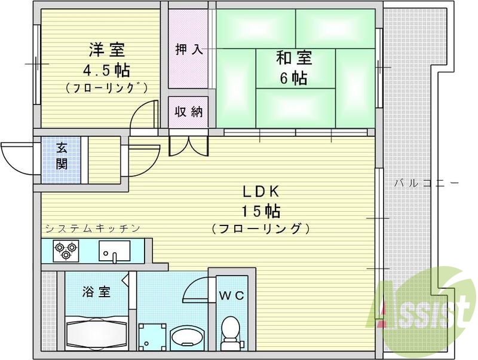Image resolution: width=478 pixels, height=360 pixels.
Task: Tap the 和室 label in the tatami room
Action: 293,59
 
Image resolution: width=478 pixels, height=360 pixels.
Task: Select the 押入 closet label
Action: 188,50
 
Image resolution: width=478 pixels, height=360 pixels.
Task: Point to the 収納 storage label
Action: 188,112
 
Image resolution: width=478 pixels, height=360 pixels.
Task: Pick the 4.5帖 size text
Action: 106,69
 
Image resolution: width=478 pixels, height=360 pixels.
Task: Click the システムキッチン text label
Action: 93,228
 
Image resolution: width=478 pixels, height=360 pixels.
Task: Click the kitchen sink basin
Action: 114,251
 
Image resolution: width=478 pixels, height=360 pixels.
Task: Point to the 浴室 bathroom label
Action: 96,292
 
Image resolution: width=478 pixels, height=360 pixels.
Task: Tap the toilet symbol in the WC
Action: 229,332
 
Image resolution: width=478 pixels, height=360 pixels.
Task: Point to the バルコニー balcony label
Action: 425,183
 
